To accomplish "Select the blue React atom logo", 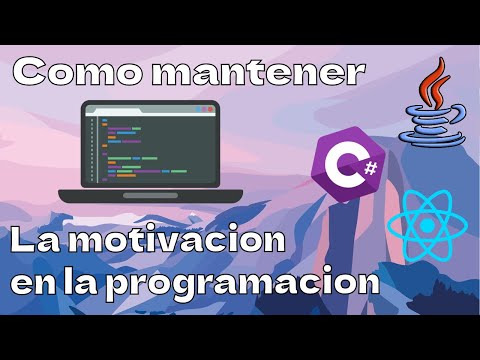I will click(x=428, y=224).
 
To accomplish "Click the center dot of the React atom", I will click(x=428, y=224).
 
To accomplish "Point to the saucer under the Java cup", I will click(x=433, y=139).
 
